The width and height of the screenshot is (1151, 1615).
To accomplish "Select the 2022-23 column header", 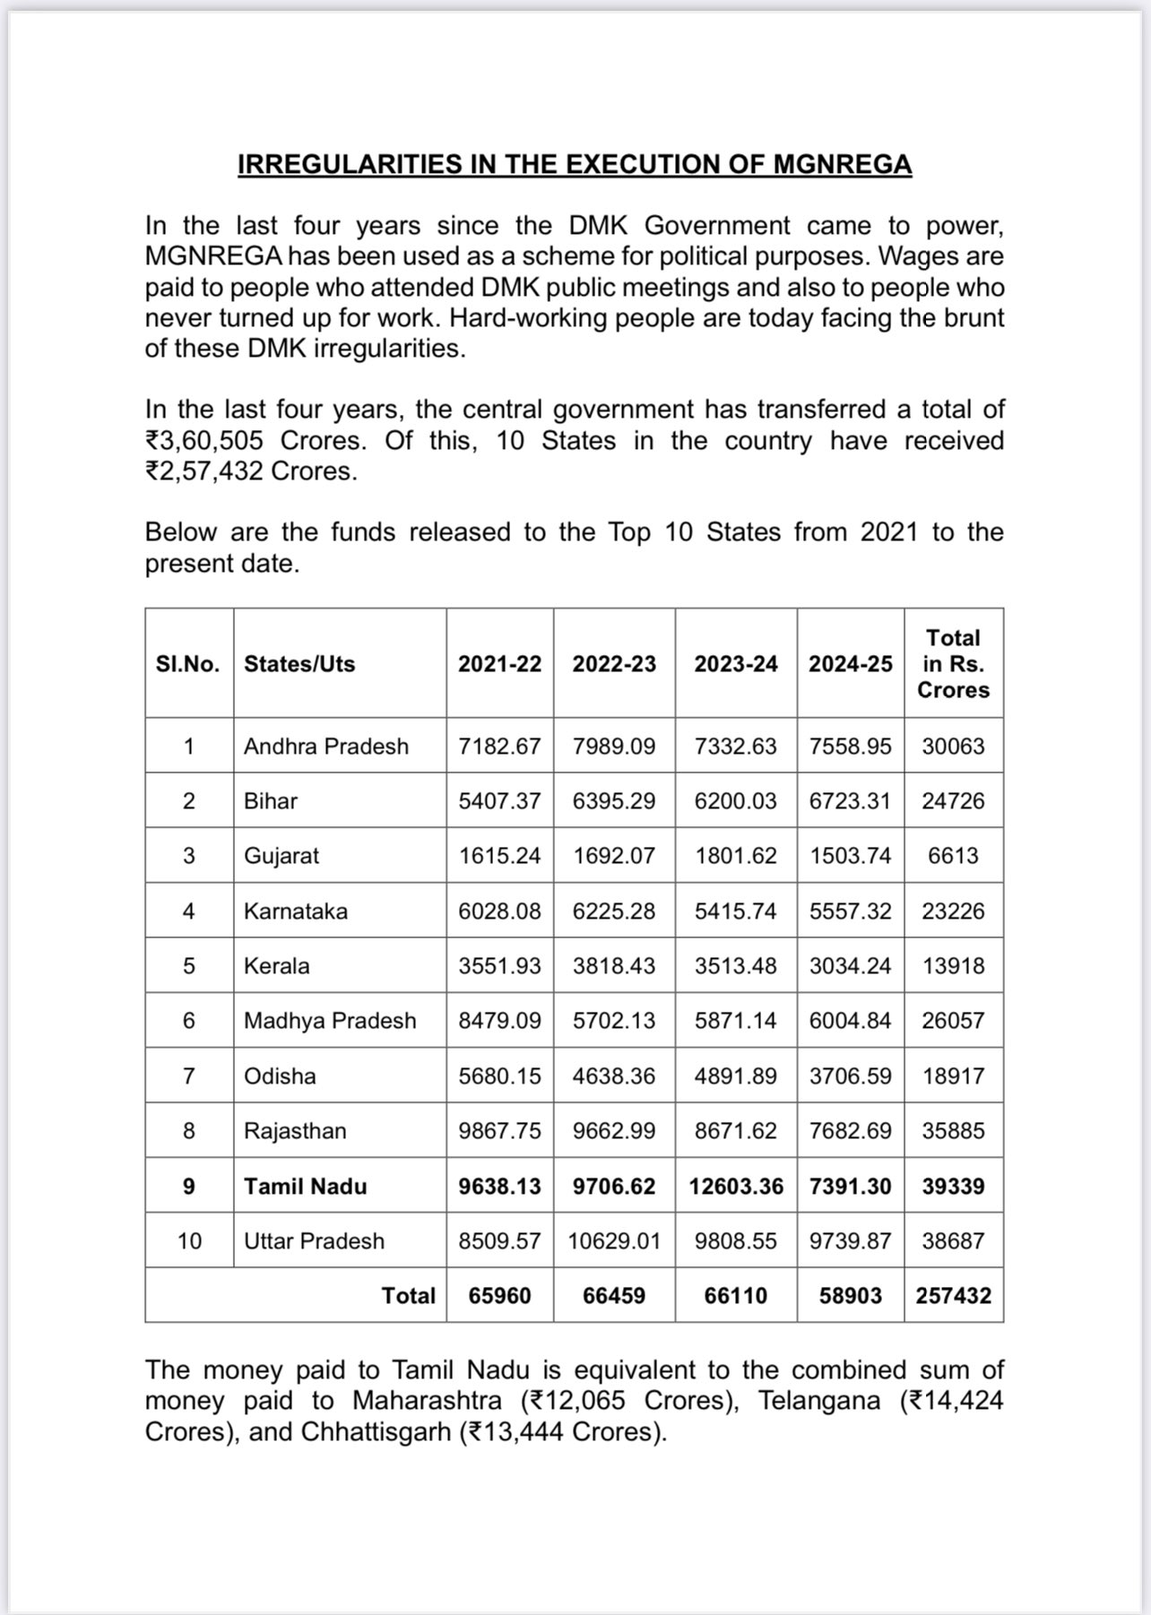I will click(614, 664).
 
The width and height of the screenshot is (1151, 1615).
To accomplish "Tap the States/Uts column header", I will click(299, 664).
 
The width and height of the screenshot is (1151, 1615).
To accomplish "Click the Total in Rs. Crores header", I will click(953, 664).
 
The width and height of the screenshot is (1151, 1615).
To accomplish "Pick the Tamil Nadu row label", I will click(305, 1187).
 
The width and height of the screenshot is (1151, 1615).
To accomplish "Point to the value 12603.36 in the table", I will click(736, 1187).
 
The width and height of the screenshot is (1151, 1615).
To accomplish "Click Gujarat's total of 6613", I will click(953, 856).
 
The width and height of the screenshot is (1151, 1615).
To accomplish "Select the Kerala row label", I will click(276, 966).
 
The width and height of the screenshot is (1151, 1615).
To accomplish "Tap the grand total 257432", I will click(953, 1296).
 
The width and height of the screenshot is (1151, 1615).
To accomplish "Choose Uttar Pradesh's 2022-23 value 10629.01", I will click(614, 1241).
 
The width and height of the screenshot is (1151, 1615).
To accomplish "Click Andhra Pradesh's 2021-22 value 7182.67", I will click(499, 747).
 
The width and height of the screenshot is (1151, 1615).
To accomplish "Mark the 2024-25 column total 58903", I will click(850, 1296).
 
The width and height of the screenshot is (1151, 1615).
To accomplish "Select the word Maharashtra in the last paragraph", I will click(427, 1401).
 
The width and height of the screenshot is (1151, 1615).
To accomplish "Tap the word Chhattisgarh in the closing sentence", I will click(376, 1432).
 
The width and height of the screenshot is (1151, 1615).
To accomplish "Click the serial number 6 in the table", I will click(188, 1021).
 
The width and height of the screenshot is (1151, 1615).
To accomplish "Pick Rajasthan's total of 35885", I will click(953, 1131).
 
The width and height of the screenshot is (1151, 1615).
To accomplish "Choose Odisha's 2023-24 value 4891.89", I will click(735, 1076).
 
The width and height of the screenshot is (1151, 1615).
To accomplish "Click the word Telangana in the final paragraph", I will click(819, 1401).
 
